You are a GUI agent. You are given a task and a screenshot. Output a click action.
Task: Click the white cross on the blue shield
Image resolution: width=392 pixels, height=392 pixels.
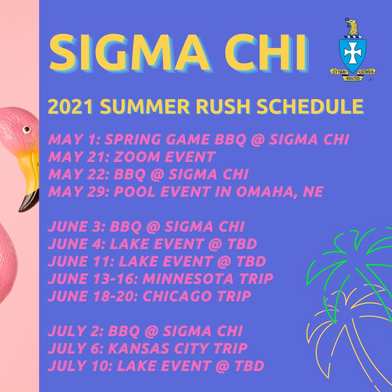pyautogui.click(x=352, y=53)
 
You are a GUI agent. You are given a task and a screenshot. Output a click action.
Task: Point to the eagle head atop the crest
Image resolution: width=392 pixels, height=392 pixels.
pyautogui.click(x=352, y=26)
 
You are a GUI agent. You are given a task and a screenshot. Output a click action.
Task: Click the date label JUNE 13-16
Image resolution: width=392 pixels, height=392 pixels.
pyautogui.click(x=93, y=279)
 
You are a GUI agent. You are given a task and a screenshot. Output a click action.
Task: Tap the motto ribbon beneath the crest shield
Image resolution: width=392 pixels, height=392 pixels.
pyautogui.click(x=352, y=73)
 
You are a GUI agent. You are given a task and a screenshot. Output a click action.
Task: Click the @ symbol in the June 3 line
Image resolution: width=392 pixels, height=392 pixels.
pyautogui.click(x=152, y=226)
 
